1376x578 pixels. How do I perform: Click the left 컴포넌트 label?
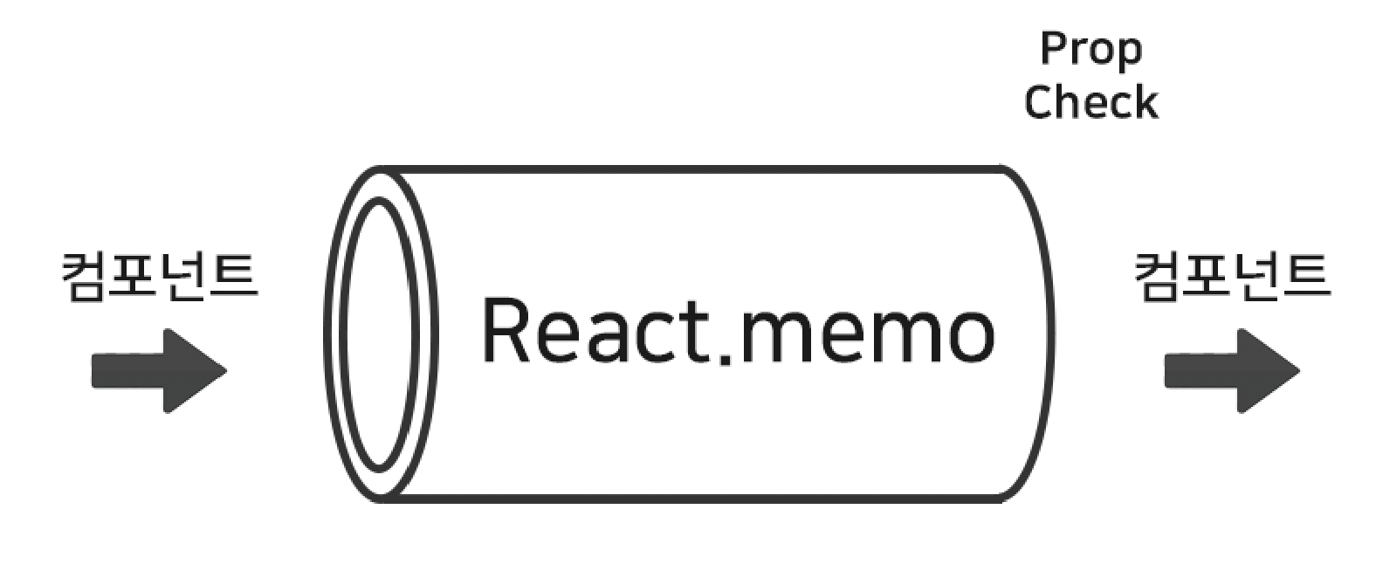coord(159,276)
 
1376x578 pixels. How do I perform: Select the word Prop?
coord(1090,51)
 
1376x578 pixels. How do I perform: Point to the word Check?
coord(1090,102)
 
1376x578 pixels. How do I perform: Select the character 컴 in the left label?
coord(86,276)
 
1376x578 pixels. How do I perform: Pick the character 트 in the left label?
coord(234,276)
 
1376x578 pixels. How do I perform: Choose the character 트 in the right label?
coord(1306,276)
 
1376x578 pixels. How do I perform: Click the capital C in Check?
coord(1039,102)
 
